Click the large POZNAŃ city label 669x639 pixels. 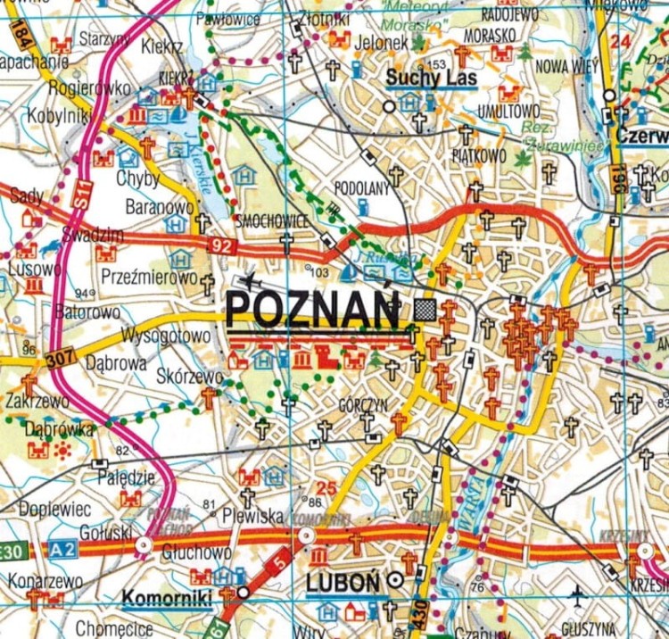click(313, 309)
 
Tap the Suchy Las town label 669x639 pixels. click(431, 79)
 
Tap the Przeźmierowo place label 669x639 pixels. click(149, 277)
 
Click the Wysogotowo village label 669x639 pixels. click(167, 336)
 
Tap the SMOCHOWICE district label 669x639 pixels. click(272, 220)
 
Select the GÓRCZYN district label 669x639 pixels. click(363, 404)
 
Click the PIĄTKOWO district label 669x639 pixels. click(479, 155)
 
